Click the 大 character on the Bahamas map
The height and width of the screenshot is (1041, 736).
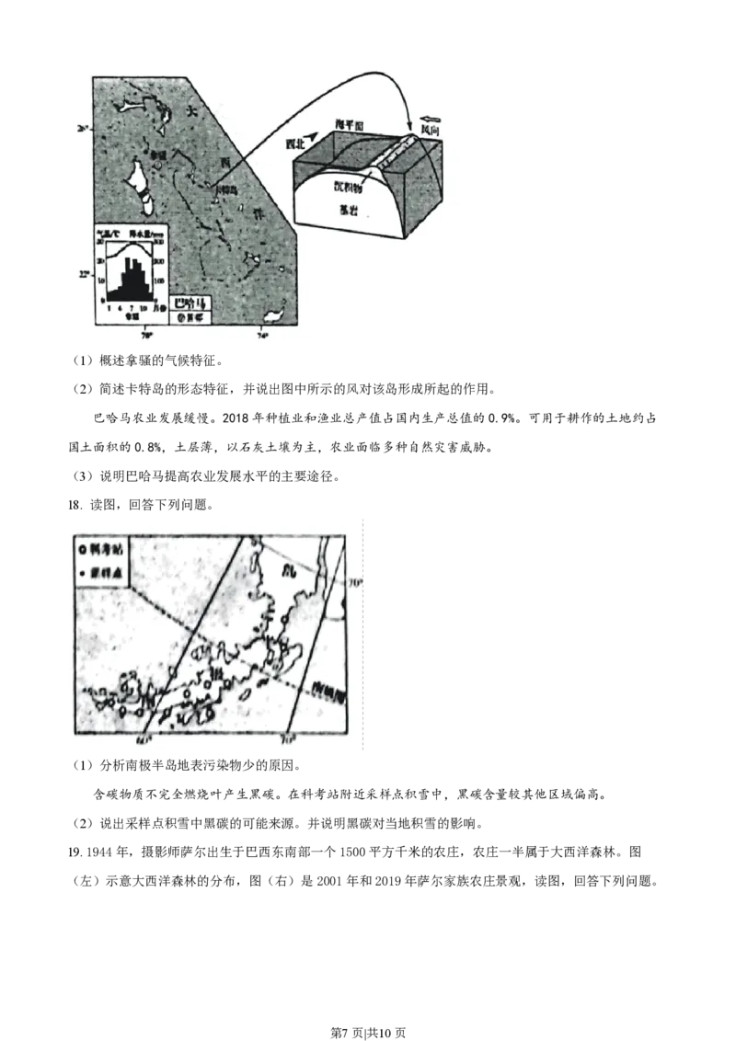coord(191,110)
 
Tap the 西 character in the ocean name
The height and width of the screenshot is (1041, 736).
coord(224,162)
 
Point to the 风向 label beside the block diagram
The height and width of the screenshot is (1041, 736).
coord(430,132)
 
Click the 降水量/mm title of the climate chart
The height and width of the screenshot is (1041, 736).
coord(148,233)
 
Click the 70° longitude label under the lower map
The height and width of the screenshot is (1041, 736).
coord(288,738)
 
